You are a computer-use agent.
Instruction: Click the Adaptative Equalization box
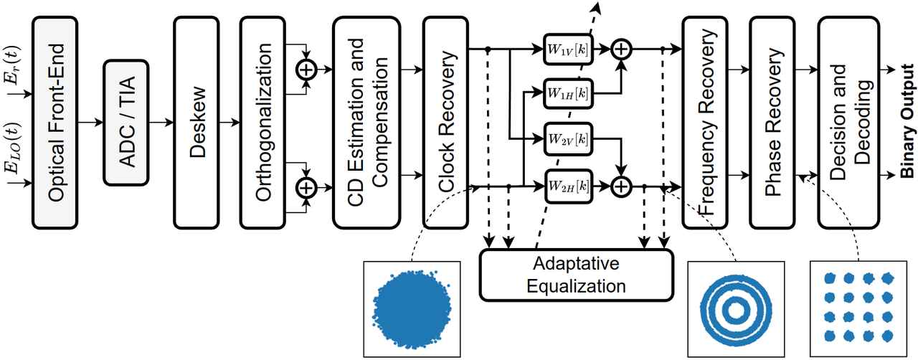click(577, 275)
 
